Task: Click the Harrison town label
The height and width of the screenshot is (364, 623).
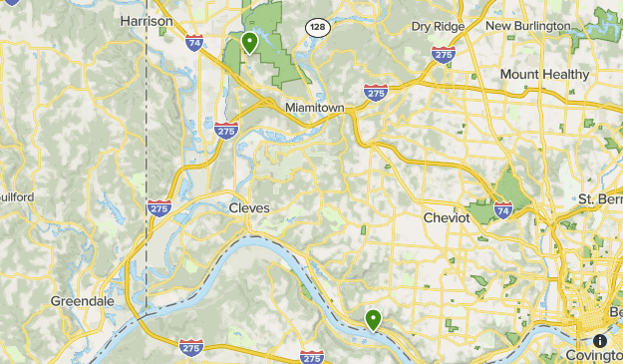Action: [x=146, y=20]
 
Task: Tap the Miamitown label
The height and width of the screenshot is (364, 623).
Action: [x=313, y=106]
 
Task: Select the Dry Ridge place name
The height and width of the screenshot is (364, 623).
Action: [x=437, y=25]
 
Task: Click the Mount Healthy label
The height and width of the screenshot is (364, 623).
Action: [x=546, y=75]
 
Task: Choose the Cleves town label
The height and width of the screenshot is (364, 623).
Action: [x=249, y=207]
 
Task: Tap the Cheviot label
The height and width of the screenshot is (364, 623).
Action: [x=446, y=217]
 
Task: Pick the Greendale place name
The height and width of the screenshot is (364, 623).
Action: [x=83, y=300]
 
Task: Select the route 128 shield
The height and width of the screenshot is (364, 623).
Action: [x=317, y=28]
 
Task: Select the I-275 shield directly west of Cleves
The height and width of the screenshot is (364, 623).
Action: [x=158, y=207]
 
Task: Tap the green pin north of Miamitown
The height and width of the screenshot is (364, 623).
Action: [x=249, y=42]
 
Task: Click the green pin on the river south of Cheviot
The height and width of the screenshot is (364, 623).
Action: [x=374, y=319]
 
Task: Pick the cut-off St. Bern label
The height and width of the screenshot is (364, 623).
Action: [x=599, y=199]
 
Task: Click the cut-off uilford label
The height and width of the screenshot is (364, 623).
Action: [x=17, y=197]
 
